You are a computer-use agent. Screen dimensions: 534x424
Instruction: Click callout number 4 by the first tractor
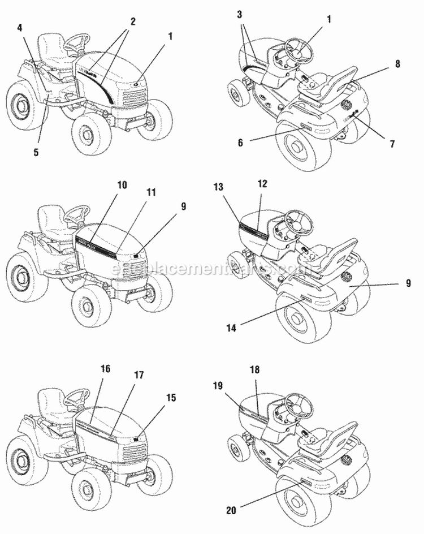(20, 27)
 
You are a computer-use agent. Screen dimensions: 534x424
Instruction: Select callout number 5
(36, 153)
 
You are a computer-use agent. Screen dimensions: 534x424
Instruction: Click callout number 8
(397, 64)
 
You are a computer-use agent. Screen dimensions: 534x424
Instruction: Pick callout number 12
(262, 184)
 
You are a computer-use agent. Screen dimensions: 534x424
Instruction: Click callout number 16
(105, 368)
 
